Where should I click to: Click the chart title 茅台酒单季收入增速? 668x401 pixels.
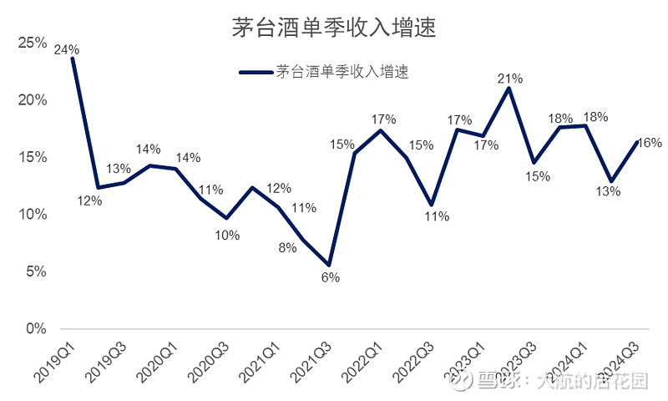[334, 28]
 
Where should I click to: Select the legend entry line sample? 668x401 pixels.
[256, 73]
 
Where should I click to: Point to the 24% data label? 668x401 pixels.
[67, 50]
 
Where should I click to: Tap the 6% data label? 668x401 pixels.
[331, 277]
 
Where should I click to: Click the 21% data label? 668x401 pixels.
[510, 79]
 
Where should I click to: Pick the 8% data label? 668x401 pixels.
[287, 247]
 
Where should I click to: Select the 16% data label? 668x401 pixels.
[650, 143]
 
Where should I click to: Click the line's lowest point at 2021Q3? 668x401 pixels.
[328, 265]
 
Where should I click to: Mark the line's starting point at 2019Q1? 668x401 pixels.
[73, 58]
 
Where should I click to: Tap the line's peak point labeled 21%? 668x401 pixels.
[509, 89]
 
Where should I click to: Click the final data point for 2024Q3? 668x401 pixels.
[637, 142]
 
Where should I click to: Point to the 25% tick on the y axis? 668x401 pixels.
[33, 43]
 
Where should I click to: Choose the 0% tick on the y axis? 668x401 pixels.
[36, 328]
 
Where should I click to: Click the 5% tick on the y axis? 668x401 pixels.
[36, 272]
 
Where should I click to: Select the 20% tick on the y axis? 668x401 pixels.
[33, 99]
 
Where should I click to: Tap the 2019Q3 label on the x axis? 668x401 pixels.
[106, 363]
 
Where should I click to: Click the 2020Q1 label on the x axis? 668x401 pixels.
[157, 363]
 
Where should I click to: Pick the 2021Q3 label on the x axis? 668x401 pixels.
[311, 363]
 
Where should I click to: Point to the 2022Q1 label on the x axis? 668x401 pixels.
[362, 363]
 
